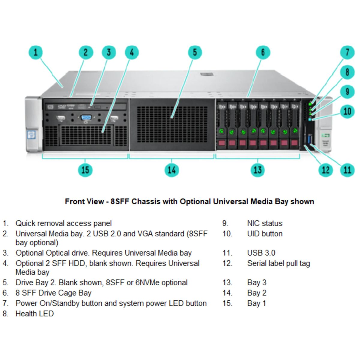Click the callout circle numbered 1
click(36, 52)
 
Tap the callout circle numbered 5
click(195, 52)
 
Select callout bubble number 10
click(347, 111)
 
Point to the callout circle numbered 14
click(172, 170)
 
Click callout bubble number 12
click(325, 170)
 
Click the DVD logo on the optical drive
click(61, 106)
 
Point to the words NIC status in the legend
click(265, 223)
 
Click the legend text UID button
click(265, 234)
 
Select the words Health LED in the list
click(34, 314)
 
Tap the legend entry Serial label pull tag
click(278, 263)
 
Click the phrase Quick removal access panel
click(64, 223)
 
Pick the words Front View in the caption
click(84, 201)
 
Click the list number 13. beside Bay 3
click(227, 283)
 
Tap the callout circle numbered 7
click(347, 52)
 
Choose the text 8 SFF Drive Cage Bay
click(53, 293)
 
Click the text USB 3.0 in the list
click(261, 253)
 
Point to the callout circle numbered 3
click(109, 52)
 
